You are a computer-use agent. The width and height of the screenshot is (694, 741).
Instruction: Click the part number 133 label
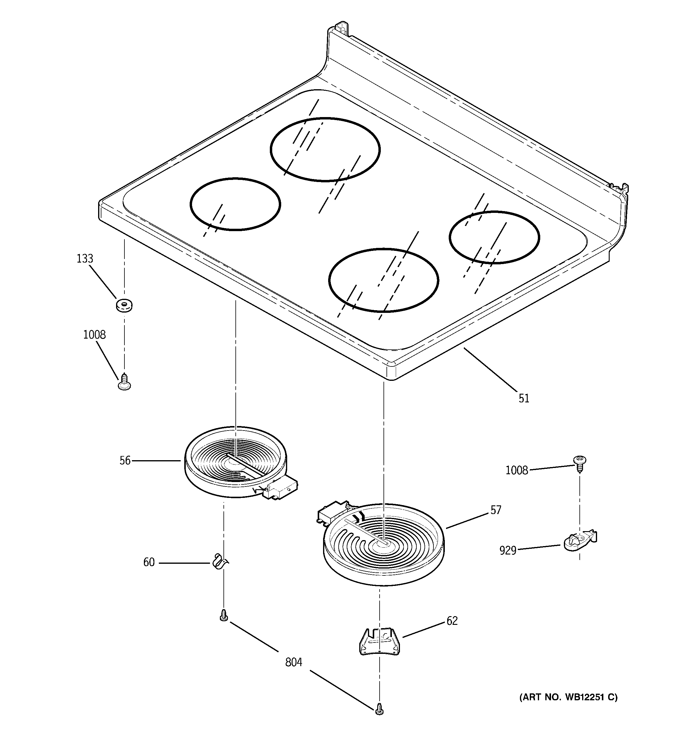coord(85,259)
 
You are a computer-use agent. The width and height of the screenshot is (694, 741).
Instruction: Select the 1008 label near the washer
coord(94,335)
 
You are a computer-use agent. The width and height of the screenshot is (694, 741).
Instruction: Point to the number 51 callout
coord(524,398)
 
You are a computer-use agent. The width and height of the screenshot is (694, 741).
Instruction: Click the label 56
coord(125,461)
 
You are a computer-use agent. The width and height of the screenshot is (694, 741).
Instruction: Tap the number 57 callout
coord(495,510)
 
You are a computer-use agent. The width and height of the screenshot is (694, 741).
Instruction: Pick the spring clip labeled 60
coord(219,562)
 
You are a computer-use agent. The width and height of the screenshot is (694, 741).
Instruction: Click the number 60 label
coord(149,562)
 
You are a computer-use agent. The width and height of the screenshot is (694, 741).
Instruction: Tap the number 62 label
coord(452,621)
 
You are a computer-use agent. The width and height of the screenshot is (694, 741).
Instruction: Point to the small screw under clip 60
coord(223,615)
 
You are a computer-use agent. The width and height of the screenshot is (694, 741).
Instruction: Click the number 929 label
coord(508,551)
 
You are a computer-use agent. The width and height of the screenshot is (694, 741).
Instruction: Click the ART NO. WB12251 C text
coord(568,697)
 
